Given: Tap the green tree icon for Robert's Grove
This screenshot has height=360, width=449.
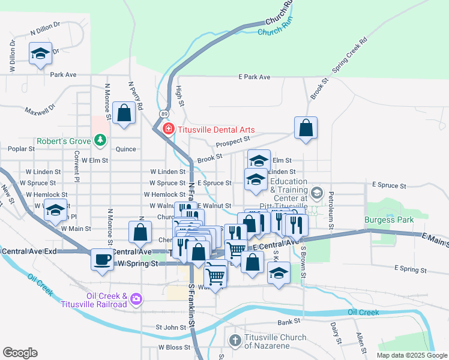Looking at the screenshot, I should [x=100, y=142].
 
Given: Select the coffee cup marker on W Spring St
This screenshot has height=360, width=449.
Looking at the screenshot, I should [x=101, y=259].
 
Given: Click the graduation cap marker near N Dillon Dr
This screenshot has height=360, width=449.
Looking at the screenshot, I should [x=41, y=53].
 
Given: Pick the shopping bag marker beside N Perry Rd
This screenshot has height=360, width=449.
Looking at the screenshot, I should [x=124, y=113].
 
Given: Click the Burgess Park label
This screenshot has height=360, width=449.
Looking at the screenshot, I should [x=389, y=220].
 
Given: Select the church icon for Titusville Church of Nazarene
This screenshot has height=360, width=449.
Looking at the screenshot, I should [x=235, y=340].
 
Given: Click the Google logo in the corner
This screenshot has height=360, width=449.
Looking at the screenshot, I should [x=20, y=353].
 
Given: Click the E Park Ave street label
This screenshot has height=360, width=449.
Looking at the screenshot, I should [x=254, y=77].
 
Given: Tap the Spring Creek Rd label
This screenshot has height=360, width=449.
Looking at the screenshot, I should [x=349, y=57].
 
